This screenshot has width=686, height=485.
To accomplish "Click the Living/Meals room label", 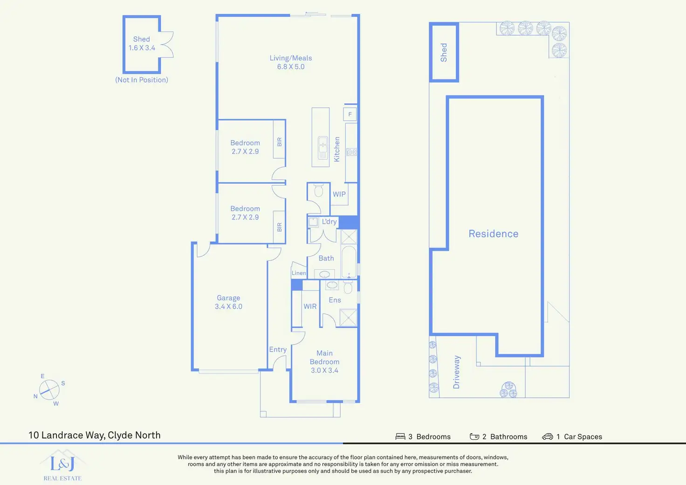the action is (291, 58).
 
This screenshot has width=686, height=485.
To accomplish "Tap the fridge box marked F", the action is (350, 114).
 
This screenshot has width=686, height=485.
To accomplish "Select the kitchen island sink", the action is (323, 148).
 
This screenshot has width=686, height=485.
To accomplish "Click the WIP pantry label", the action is (339, 194).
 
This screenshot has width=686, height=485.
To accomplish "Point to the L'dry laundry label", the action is (329, 221).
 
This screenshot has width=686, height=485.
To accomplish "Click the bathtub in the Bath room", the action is (349, 261).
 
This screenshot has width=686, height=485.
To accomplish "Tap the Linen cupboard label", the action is (299, 273).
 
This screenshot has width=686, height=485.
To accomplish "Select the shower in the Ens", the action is (348, 318).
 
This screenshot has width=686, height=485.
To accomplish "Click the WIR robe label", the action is (310, 306).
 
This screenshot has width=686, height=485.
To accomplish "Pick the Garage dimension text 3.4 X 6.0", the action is (228, 307).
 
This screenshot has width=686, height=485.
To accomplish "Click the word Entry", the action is (278, 349).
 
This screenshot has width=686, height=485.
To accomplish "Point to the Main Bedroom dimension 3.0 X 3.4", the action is (325, 370).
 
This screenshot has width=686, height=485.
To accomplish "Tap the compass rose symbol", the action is (49, 390).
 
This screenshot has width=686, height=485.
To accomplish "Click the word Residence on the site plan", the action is (494, 233).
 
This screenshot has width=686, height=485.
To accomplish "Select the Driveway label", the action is (456, 372).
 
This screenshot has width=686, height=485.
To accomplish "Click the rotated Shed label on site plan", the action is (444, 52).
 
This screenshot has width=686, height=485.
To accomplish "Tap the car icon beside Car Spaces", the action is (548, 437).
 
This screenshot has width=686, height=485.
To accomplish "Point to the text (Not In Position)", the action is (142, 80).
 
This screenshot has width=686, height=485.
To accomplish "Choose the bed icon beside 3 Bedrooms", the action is (400, 437).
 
